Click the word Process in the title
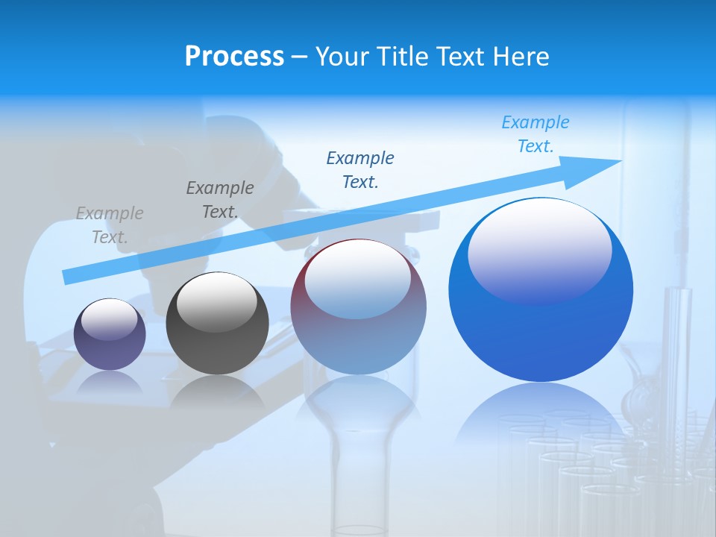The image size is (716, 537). coord(234,57)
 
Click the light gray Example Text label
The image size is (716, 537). coord(110,225)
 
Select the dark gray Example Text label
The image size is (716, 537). coord(220,200)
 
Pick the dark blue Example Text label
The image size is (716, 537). coord(360,169)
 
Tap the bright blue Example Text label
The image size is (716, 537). coord(536,134)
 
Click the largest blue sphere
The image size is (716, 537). coord(541,328)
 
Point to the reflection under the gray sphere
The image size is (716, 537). coord(216,392)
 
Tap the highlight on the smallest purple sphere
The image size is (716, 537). coord(110,319)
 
